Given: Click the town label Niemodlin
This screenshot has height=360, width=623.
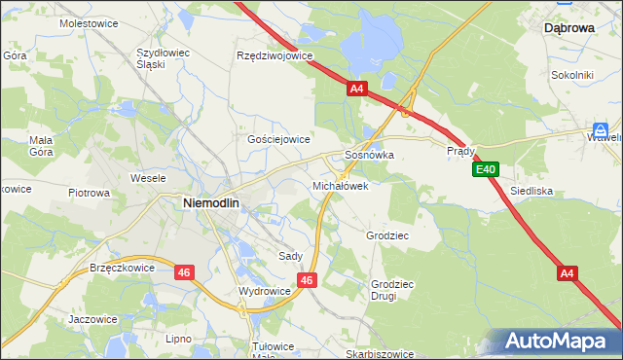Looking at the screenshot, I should click(x=211, y=202).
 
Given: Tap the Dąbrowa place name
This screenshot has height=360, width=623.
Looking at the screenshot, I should click(x=569, y=29).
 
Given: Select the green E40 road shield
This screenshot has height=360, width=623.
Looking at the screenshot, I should click(x=487, y=170).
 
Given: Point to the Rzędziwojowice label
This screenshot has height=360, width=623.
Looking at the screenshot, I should click(x=275, y=55).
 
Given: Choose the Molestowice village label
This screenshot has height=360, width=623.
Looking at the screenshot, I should click(x=87, y=21).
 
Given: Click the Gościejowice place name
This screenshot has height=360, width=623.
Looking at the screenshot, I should click(x=278, y=139).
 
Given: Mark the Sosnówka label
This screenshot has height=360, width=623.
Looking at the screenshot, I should click(x=369, y=155).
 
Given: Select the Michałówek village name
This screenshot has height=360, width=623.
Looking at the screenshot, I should click(x=340, y=185).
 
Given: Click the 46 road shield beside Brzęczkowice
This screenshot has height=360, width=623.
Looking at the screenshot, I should click(x=185, y=272).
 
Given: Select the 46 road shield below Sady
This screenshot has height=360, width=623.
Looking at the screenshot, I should click(x=308, y=280).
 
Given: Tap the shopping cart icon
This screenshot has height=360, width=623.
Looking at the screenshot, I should click(x=602, y=129).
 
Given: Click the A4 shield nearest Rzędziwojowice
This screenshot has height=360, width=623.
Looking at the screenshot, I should click(x=357, y=89).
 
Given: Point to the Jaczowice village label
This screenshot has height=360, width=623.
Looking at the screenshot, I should click(x=92, y=318).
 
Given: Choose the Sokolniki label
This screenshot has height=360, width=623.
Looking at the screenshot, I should click(x=571, y=74).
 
